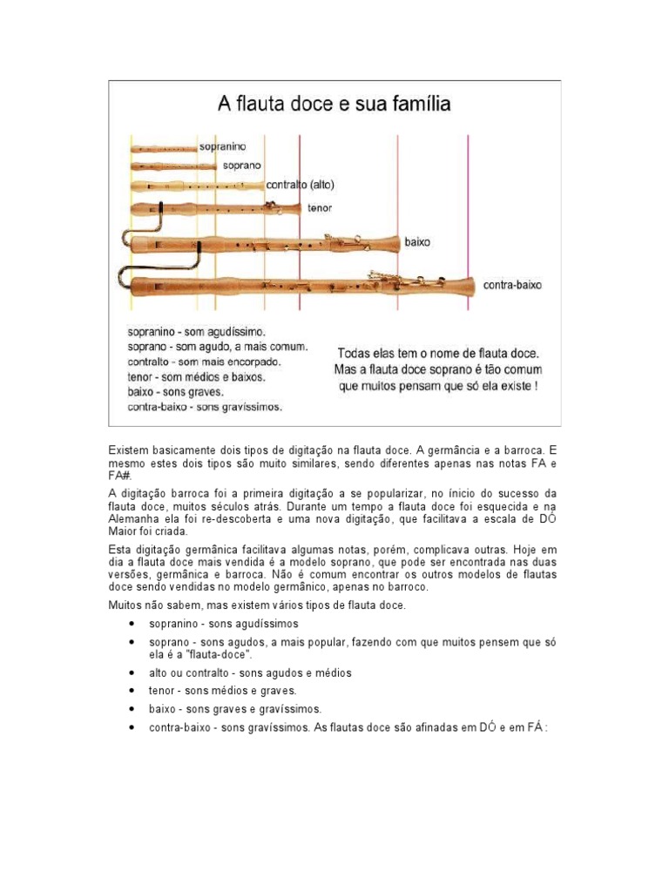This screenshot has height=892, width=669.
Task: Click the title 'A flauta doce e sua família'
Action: [x=334, y=105]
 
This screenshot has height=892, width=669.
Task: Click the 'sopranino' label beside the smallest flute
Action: [x=224, y=147]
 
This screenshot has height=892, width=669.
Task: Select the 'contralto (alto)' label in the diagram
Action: [x=300, y=185]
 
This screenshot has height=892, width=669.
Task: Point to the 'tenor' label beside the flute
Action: [x=319, y=208]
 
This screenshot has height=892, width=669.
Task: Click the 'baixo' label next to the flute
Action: [x=417, y=243]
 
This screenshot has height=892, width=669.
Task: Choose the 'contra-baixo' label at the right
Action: [x=510, y=285]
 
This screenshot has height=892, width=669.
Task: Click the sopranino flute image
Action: [x=164, y=149]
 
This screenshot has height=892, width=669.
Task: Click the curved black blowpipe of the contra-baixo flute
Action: [x=125, y=276]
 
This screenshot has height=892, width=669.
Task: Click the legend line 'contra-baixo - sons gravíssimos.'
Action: [x=205, y=406]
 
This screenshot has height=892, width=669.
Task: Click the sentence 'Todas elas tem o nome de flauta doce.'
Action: [x=438, y=354]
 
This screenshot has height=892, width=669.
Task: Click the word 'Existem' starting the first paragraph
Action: [x=128, y=449]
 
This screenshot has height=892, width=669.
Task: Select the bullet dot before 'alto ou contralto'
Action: [x=131, y=673]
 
